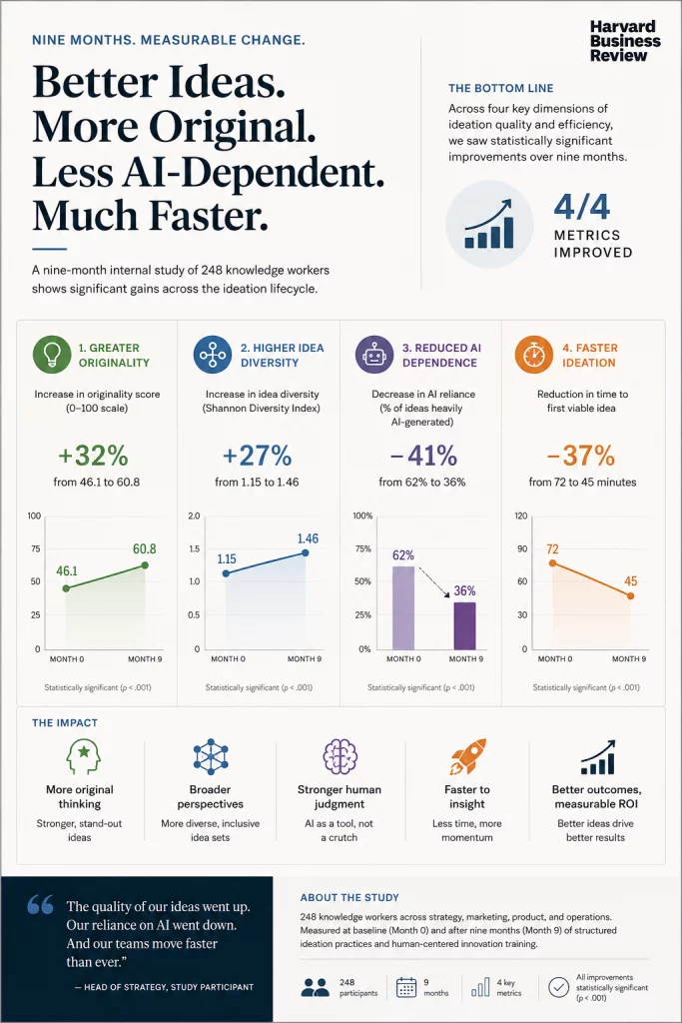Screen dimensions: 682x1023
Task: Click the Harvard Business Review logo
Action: [x=625, y=40]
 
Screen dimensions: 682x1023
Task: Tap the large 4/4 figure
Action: [x=581, y=206]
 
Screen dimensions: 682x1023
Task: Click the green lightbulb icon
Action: [x=52, y=355]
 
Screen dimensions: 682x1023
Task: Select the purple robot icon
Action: [x=374, y=355]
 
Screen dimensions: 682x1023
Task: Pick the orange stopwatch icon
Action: [x=534, y=355]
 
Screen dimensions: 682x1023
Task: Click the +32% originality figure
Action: [x=93, y=456]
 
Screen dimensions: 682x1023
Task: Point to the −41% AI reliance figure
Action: [x=423, y=456]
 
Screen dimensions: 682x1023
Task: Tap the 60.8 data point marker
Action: [x=145, y=565]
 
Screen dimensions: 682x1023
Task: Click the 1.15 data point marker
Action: [x=227, y=573]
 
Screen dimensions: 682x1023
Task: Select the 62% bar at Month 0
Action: [x=403, y=607]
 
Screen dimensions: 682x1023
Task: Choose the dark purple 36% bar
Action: [x=465, y=625]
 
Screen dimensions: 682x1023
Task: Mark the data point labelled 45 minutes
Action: [x=630, y=595]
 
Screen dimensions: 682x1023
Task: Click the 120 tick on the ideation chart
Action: [x=521, y=516]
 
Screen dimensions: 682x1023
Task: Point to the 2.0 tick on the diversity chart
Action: [x=194, y=516]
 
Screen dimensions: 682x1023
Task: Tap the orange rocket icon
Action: [x=468, y=757]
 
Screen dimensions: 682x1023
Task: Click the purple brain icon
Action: [x=340, y=756]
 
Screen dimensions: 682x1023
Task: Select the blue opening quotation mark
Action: [x=40, y=904]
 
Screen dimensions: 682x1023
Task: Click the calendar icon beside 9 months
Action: [x=406, y=987]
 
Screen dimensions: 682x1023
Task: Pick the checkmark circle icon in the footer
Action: [x=558, y=987]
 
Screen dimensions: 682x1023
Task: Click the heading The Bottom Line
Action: [x=500, y=88]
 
